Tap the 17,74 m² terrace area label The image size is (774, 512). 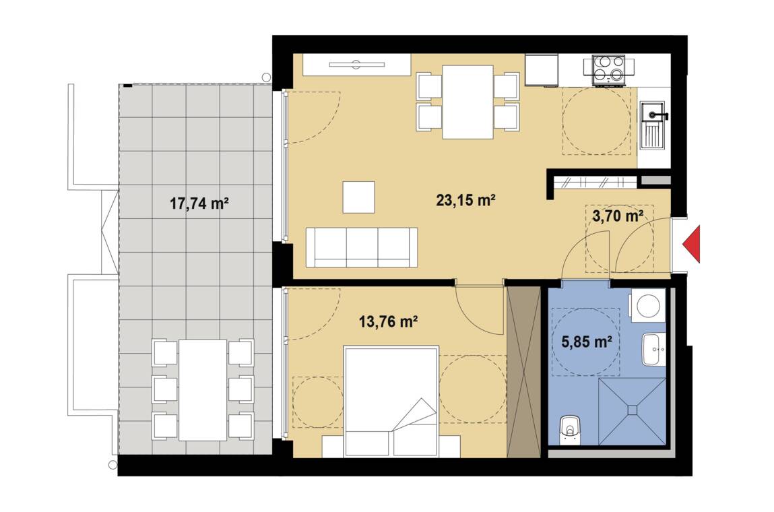coord(199,203)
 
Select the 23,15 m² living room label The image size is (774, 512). coord(466,200)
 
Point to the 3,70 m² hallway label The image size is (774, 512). coord(618,216)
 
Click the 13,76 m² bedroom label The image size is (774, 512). coord(389,322)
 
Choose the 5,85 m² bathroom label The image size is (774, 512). coord(587,341)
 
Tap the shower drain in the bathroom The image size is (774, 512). coord(633,410)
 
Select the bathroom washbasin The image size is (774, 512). coord(654,349)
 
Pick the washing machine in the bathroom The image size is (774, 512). coord(648,306)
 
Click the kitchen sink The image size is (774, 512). coord(653,125)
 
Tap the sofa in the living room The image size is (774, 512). coord(361,247)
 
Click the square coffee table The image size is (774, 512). coord(359,197)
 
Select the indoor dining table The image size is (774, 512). coord(467,102)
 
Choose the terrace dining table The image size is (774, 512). coord(203,390)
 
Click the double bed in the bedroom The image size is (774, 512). coord(391,402)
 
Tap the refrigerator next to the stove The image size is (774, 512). coord(542,70)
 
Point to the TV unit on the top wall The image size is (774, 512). coord(357,65)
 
